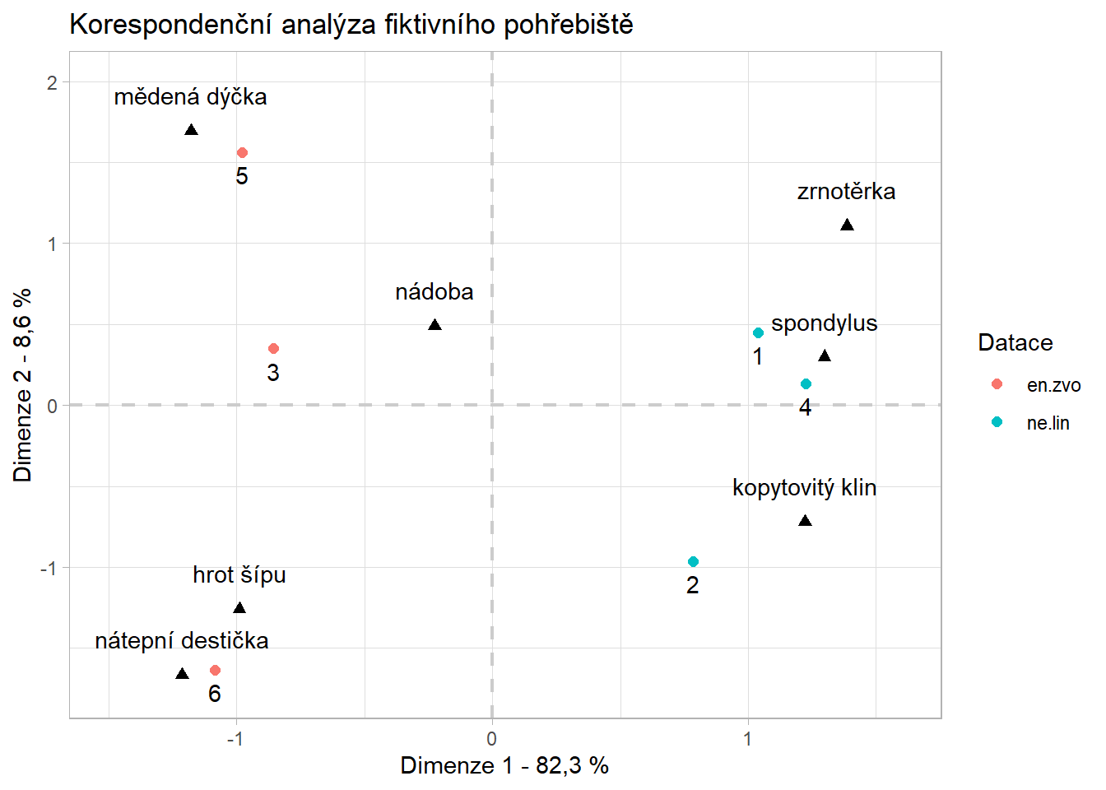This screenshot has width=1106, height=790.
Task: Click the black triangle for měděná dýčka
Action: click(x=191, y=130)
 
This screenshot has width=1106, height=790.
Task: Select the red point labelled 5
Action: click(x=242, y=153)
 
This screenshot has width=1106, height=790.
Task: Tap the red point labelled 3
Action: click(x=274, y=349)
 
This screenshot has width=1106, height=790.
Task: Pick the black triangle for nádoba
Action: click(x=434, y=325)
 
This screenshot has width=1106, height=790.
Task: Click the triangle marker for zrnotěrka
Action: click(x=847, y=225)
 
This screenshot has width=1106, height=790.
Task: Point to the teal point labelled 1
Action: click(x=758, y=333)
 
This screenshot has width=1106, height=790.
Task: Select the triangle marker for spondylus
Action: click(x=825, y=355)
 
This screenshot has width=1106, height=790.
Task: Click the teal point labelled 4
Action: click(x=806, y=384)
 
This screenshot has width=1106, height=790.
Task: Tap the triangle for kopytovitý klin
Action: click(x=805, y=521)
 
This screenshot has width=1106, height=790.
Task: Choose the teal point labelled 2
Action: click(x=693, y=562)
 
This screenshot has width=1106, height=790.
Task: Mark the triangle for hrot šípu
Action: click(x=239, y=608)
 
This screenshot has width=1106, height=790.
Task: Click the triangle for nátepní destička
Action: click(x=182, y=674)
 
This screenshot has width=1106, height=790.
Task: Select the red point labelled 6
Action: click(x=215, y=671)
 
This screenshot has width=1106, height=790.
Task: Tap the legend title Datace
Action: click(x=1015, y=343)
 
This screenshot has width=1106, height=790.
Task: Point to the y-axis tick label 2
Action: click(x=52, y=82)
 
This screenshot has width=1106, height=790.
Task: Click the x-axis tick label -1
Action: click(x=235, y=739)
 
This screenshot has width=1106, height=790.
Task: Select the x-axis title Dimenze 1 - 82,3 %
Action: click(x=504, y=766)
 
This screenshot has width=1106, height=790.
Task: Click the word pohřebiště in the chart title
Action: click(x=568, y=25)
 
